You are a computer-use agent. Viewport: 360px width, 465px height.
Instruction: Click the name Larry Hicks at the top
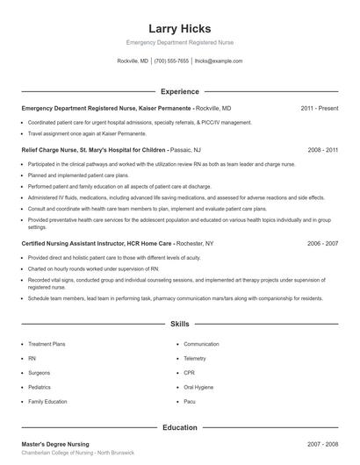pos(180,28)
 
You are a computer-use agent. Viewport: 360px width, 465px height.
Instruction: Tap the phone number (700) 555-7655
pos(171,61)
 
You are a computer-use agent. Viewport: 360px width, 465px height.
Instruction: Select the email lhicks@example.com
pos(219,61)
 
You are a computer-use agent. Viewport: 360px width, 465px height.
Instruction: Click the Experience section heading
pos(180,91)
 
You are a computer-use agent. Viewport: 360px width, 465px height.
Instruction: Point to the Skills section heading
pos(180,324)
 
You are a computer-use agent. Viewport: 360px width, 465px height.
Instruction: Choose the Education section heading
pos(180,427)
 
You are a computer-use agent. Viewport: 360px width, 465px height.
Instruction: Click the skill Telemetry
pos(195,359)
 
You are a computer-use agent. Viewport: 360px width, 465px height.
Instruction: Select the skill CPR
pos(189,373)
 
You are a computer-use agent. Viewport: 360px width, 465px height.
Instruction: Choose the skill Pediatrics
pos(40,387)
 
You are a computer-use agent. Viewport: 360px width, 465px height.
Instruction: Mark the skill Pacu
pos(190,401)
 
